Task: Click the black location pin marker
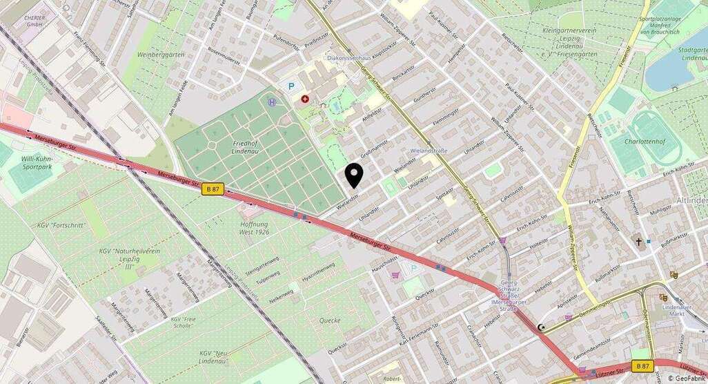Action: click(x=354, y=175)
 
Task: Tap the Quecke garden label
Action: click(x=330, y=320)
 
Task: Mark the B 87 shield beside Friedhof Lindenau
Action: click(x=213, y=188)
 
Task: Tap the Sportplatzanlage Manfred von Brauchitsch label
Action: click(x=664, y=26)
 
